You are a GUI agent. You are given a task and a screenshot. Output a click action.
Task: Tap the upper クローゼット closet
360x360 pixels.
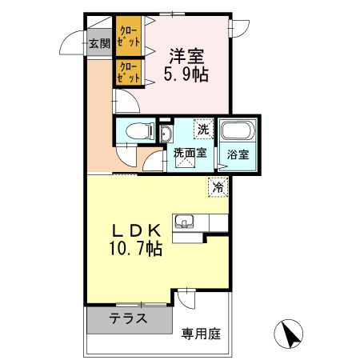tap(127, 36)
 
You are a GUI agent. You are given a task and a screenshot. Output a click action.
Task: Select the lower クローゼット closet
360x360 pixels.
tap(127, 71)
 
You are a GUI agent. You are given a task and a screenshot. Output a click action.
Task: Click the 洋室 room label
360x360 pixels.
tap(185, 56)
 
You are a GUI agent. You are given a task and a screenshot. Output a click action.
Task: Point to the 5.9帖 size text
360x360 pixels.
tap(185, 75)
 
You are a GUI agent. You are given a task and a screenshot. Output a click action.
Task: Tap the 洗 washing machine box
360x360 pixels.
tap(203, 129)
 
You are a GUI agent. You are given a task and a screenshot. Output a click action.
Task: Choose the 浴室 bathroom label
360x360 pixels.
tap(238, 153)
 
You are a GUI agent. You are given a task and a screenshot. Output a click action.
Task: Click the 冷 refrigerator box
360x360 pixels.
tap(217, 187)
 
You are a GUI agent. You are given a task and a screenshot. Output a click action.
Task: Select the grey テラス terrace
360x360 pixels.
tap(128, 318)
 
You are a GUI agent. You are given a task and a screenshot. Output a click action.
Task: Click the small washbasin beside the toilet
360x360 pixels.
tap(165, 132)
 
